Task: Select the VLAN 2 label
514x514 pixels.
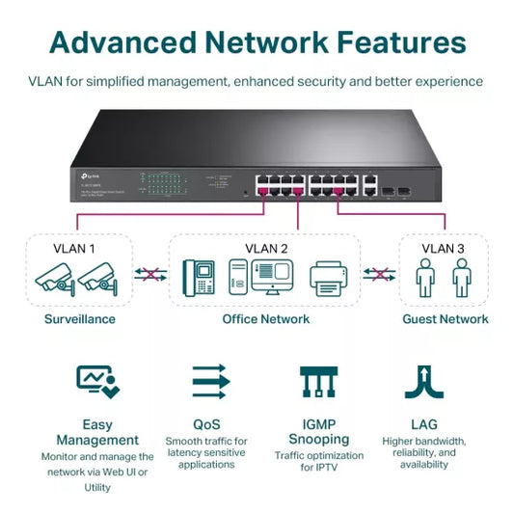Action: pos(267,248)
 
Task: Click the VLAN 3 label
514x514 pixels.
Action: pos(443,248)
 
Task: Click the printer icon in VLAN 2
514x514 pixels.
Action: pos(327,278)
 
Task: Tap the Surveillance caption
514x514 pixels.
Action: pos(80,319)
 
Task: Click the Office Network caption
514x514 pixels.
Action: pos(266,319)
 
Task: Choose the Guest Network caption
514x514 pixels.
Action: pos(445,319)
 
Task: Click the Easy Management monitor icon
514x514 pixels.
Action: pos(97,382)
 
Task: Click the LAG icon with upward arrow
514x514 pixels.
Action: pos(424,382)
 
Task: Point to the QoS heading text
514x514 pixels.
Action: pos(206,424)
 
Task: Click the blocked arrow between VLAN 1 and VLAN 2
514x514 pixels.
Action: pos(147,275)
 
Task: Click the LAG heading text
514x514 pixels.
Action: pos(424,424)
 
